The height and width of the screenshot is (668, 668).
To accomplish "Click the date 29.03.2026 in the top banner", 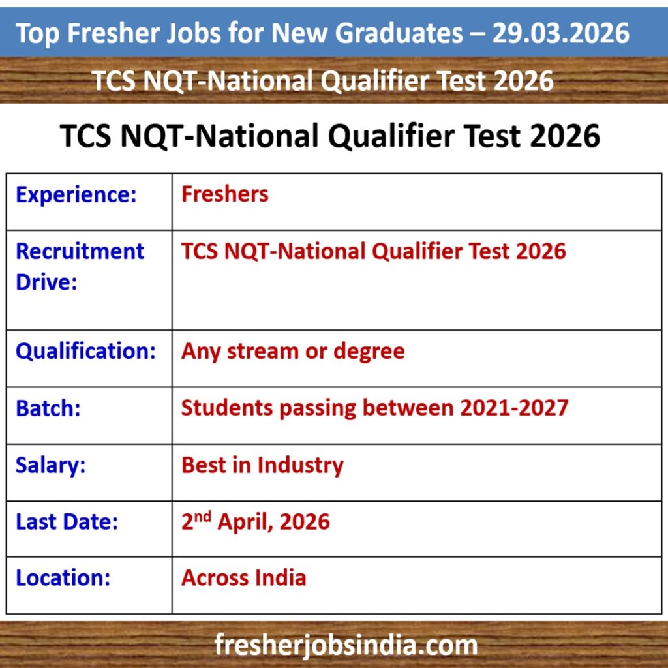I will coord(561,33).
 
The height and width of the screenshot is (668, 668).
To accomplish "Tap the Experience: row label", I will coord(76,195).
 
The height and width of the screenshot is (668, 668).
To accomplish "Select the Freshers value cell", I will coord(225,194).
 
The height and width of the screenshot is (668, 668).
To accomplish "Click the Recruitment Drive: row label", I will coord(80,267).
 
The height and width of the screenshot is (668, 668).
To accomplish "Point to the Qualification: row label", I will coord(85,352).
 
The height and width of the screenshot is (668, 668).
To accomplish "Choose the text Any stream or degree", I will coord(293,352).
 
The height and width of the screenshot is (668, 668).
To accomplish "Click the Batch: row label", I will coord(48,408).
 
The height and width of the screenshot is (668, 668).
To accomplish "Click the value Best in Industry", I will coord(262,465).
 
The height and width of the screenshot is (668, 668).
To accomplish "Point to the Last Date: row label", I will coord(67,522).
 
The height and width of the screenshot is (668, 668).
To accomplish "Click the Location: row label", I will coord(63,578).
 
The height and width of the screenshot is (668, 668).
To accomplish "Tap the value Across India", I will coord(244,578).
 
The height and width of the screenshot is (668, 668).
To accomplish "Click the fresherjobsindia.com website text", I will coord(346,645).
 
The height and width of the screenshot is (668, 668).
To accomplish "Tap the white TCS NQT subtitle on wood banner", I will coord(322,81).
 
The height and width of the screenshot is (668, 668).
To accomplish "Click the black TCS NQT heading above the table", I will coord(330,136).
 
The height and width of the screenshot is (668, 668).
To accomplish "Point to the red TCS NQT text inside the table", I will coord(374,251).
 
